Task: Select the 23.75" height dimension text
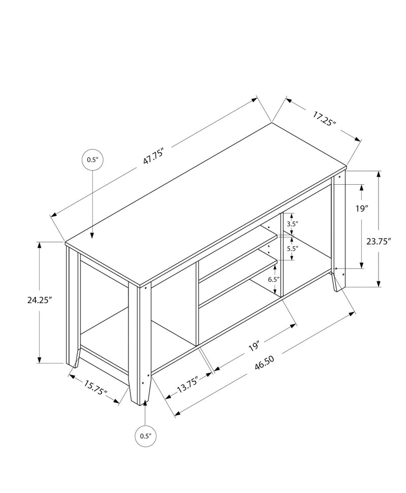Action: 378,242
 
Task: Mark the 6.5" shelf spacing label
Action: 273,279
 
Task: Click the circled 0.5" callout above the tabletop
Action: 92,159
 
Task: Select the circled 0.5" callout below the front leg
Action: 146,435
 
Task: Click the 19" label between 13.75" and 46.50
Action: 255,347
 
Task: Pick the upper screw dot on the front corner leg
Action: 146,287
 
